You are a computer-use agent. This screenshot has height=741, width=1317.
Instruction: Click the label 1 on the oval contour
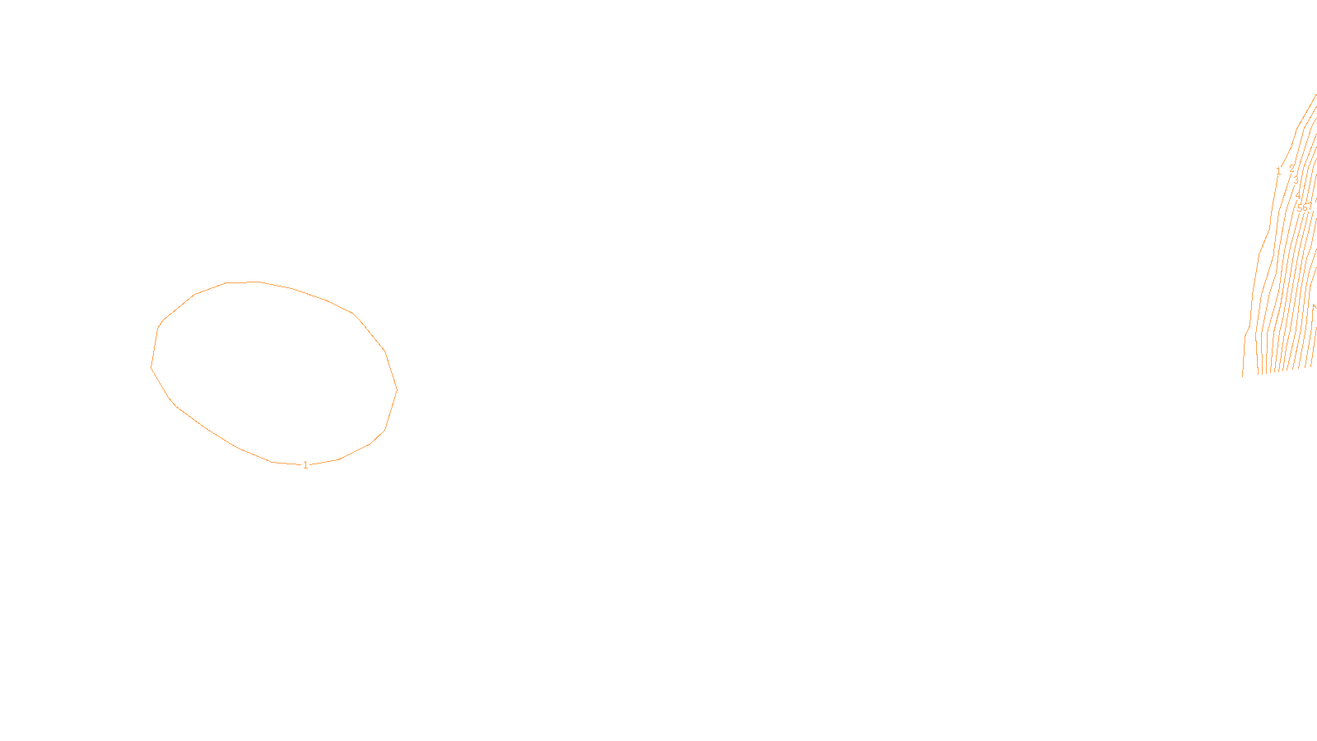coord(305,465)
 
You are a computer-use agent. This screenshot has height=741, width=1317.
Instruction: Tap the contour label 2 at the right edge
coord(1291,170)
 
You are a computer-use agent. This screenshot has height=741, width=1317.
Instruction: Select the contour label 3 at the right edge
coord(1296,181)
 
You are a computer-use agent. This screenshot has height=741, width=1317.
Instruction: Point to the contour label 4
coord(1299,196)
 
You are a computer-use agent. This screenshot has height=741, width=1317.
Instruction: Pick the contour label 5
coord(1300,208)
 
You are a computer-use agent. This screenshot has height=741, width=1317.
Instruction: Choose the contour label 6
coord(1305,208)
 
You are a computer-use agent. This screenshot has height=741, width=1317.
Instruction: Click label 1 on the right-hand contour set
coord(1278,171)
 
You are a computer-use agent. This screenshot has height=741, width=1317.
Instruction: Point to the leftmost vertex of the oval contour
coord(151,366)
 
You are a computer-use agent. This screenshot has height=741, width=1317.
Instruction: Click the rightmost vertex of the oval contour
coord(397,389)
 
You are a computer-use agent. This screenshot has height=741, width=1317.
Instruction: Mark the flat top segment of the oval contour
coord(242,282)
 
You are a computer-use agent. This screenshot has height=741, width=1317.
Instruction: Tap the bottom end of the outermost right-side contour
coord(1243,375)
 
